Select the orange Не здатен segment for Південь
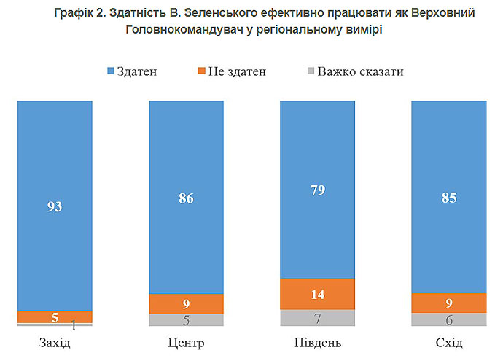coord(317,294)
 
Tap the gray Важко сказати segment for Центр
coord(186,320)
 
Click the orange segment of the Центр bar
coord(186,304)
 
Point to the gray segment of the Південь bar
coord(317,318)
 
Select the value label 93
coord(55,207)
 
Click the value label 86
coord(186,197)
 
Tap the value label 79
coord(317,190)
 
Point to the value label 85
coord(448,197)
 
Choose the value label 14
coord(317,295)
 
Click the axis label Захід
coord(55,343)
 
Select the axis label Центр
coord(186,343)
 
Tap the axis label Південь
coord(317,343)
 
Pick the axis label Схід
coord(448,343)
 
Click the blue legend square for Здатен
coord(111,71)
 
